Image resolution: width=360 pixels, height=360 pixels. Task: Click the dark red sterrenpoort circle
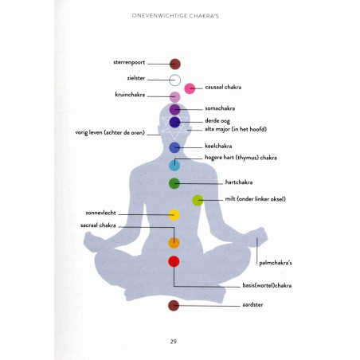point(175,64)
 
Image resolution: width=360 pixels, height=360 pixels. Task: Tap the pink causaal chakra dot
point(190,88)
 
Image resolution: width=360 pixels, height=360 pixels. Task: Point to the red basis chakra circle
point(174,261)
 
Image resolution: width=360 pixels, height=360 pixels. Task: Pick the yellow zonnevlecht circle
point(174,215)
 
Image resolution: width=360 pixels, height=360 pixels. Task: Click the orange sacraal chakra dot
point(174,243)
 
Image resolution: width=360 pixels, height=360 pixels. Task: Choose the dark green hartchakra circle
point(174,183)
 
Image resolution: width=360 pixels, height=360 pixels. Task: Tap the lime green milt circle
point(198,200)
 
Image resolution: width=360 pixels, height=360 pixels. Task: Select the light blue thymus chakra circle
point(174,166)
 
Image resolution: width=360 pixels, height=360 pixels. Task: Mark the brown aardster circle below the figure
point(174,306)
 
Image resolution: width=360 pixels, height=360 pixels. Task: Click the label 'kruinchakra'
point(130,95)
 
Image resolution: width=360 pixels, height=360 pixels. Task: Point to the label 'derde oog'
point(217,121)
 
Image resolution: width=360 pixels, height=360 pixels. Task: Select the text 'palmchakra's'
point(276,263)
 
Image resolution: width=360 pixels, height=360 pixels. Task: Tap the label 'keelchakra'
point(218,146)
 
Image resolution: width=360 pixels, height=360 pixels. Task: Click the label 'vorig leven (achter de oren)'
point(110,132)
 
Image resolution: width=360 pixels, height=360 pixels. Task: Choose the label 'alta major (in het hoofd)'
point(236,129)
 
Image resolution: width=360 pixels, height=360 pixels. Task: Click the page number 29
point(174,342)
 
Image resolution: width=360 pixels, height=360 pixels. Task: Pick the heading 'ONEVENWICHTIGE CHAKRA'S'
point(175,16)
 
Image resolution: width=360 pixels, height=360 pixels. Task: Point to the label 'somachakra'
point(220,108)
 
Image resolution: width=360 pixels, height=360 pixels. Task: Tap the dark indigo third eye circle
point(175,123)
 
